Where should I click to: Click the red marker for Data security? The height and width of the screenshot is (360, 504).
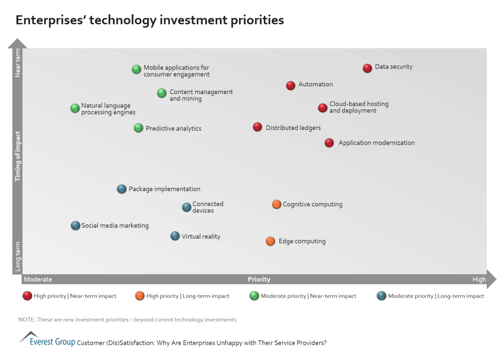pos(367,68)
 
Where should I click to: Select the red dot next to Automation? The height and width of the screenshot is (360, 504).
pos(290,86)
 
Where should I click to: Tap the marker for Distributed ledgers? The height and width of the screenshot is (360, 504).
pos(257,127)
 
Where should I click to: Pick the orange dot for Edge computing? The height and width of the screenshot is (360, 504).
pos(270,241)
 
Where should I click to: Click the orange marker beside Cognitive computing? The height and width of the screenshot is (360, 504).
pos(277,204)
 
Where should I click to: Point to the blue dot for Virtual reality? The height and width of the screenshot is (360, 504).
pos(175,236)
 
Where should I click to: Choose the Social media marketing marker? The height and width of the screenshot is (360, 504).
pos(75,226)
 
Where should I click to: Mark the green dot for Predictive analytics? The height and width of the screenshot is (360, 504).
pos(138,128)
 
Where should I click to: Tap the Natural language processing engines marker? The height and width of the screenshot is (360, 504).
pos(75,108)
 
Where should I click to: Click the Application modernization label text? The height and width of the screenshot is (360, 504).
pos(377,143)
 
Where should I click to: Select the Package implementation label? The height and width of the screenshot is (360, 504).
pos(164,189)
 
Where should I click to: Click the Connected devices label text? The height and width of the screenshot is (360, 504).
pos(208,207)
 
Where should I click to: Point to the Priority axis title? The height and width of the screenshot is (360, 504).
pos(259,279)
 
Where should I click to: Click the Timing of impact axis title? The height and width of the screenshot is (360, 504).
pos(18,156)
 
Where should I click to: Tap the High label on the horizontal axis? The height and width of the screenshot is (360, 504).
pos(479,279)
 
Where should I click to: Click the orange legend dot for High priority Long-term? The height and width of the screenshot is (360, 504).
pos(140,296)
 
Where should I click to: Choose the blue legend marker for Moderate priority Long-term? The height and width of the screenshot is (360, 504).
pos(381,296)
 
